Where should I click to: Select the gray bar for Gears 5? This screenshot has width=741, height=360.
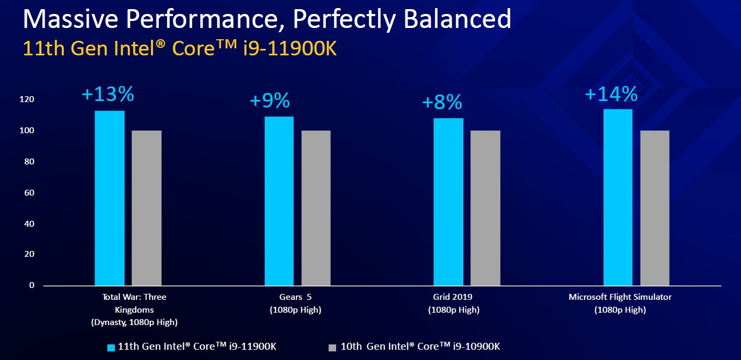(316, 208)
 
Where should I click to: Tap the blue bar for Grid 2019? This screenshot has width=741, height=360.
(448, 201)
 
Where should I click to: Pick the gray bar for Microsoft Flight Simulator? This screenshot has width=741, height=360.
(655, 208)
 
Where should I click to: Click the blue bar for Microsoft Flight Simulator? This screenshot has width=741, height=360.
(617, 197)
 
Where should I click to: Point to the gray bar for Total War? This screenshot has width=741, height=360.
(147, 208)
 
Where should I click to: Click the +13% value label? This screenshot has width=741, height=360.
(107, 95)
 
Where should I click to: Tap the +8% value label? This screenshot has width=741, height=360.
(442, 102)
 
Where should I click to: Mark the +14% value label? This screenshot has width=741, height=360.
(611, 95)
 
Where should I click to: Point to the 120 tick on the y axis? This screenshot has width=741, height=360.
(28, 99)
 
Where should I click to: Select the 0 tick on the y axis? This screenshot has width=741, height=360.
(32, 285)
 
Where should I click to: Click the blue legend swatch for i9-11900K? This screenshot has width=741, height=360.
(111, 347)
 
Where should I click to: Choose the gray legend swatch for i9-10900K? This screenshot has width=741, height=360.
(332, 347)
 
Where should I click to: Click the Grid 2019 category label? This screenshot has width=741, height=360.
(454, 297)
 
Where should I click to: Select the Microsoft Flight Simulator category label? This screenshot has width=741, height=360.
(620, 297)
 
